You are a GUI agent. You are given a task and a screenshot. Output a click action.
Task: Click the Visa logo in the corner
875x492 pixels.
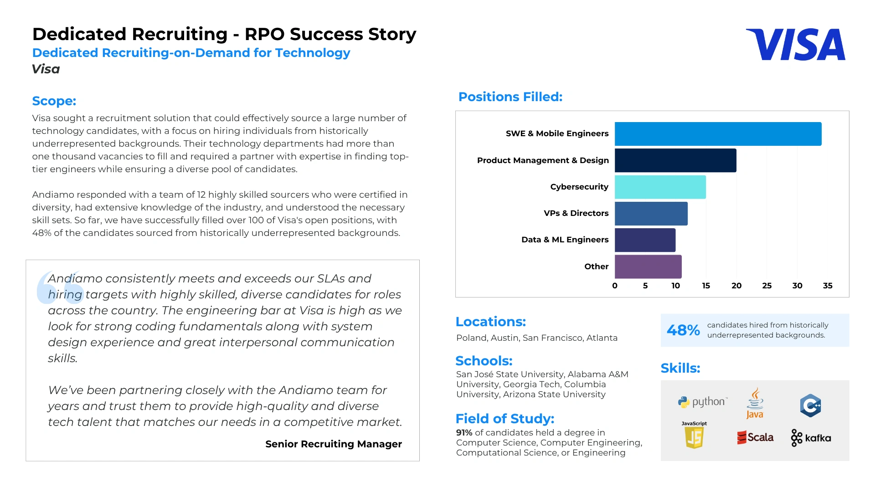tap(795, 45)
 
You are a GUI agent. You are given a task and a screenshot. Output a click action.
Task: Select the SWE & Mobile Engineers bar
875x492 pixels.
tap(718, 134)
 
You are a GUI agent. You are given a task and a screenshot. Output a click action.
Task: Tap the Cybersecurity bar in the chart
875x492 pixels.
tap(660, 187)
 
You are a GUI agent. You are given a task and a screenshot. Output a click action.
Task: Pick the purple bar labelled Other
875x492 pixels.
tap(648, 267)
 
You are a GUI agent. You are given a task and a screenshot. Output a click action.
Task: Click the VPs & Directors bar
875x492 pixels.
tap(651, 214)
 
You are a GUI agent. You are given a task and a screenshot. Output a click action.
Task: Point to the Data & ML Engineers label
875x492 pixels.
tap(565, 240)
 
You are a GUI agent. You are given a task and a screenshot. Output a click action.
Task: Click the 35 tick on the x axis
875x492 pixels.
tap(827, 286)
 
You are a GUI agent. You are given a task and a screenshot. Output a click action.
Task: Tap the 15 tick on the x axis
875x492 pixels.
tap(705, 286)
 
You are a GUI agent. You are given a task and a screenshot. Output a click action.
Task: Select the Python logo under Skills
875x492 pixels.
tap(702, 402)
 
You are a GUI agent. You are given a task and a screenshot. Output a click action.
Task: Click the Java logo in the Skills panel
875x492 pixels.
tap(755, 403)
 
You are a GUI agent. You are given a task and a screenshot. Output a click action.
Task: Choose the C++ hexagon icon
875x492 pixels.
tap(810, 405)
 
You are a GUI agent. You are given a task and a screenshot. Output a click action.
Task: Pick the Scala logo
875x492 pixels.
tap(755, 437)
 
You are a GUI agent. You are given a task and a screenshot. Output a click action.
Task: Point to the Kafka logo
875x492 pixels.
tap(811, 438)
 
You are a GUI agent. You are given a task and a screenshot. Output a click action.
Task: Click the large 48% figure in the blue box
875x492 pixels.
tap(683, 330)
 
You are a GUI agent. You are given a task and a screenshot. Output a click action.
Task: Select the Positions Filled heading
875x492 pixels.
tap(510, 97)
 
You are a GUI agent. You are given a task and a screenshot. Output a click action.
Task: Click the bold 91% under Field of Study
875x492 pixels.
tap(464, 433)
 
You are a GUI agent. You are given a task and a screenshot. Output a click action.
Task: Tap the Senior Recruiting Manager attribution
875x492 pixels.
tap(333, 444)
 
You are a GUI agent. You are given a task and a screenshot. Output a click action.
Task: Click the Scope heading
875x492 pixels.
tap(54, 101)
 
